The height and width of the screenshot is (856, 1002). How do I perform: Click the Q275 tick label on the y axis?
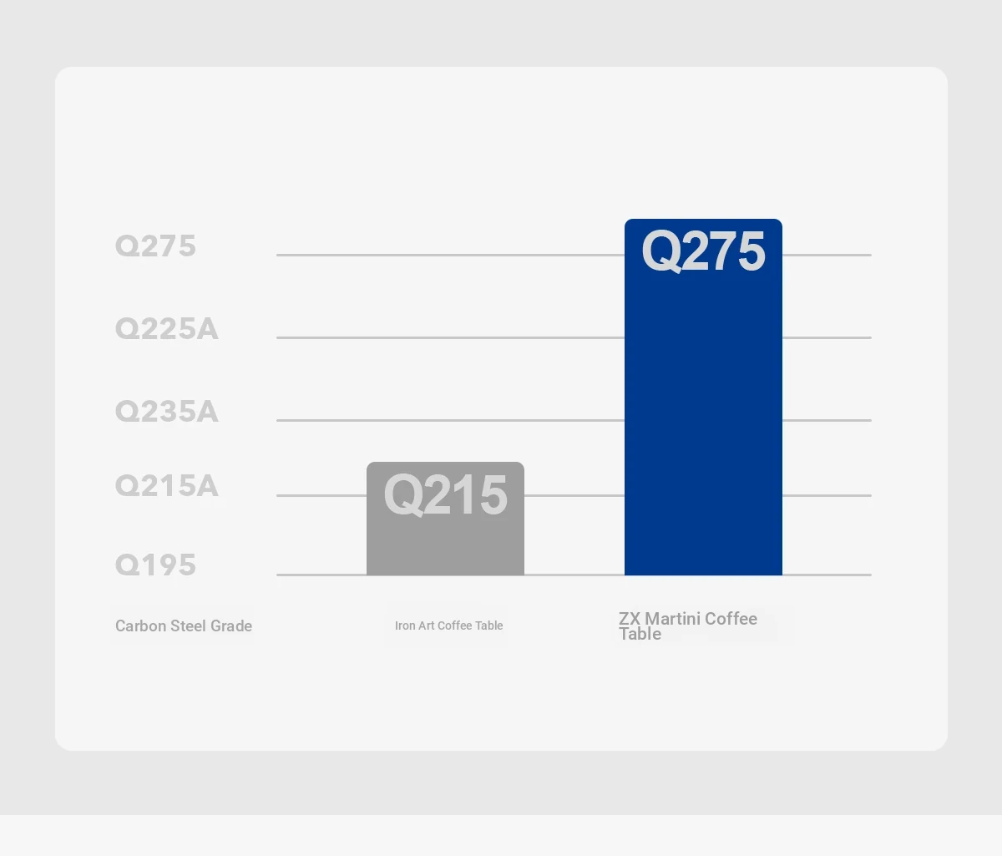pos(155,246)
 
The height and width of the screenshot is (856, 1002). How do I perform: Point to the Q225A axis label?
pos(167,329)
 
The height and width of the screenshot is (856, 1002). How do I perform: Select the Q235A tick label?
pos(167,412)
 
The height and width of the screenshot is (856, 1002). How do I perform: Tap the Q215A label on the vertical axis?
pos(167,486)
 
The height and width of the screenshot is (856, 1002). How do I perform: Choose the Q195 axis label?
pos(155,565)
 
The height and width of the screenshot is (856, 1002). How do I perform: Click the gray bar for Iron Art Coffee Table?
pos(445,519)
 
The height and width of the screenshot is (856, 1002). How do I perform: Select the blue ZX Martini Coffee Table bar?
pos(703,397)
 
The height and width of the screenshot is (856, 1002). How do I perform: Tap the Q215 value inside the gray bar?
pos(445,495)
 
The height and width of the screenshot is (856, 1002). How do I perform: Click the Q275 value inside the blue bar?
pos(703,251)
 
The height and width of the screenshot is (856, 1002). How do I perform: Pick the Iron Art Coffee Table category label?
pos(449,626)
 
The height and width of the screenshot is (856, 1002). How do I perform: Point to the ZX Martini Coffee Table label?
pos(688,626)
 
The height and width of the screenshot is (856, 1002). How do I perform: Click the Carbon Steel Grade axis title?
pos(184,626)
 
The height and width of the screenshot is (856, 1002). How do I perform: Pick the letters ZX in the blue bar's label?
pos(630,619)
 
